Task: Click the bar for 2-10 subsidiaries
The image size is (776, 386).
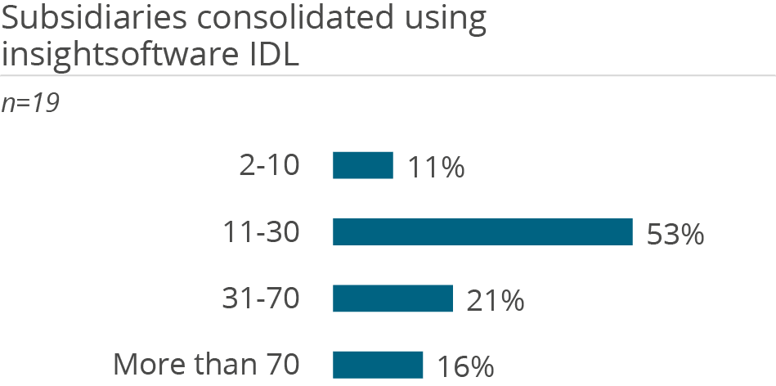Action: [x=362, y=165]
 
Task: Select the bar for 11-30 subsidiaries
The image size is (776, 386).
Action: [x=482, y=232]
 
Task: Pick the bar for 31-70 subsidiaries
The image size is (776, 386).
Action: [x=392, y=298]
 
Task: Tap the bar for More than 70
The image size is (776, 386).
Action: [x=378, y=365]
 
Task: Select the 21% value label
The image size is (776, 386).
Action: [x=496, y=300]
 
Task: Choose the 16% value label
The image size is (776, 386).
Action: [x=465, y=367]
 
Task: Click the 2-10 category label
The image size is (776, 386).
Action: [x=269, y=166]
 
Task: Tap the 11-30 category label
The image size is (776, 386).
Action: [x=262, y=233]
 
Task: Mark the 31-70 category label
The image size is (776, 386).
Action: [x=261, y=299]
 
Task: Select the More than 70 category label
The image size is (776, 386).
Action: [x=206, y=366]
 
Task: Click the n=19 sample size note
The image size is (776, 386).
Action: [x=29, y=104]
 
